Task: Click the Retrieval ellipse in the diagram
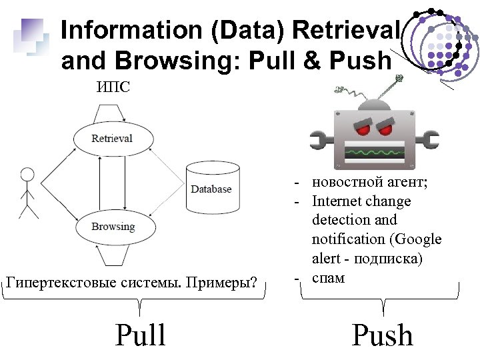[x=113, y=139]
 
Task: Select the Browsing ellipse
[x=113, y=227]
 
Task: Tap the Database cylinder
[x=211, y=189]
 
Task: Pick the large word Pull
[x=140, y=335]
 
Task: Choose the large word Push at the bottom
[x=382, y=335]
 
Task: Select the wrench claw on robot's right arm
[x=431, y=141]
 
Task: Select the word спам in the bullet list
[x=328, y=277]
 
